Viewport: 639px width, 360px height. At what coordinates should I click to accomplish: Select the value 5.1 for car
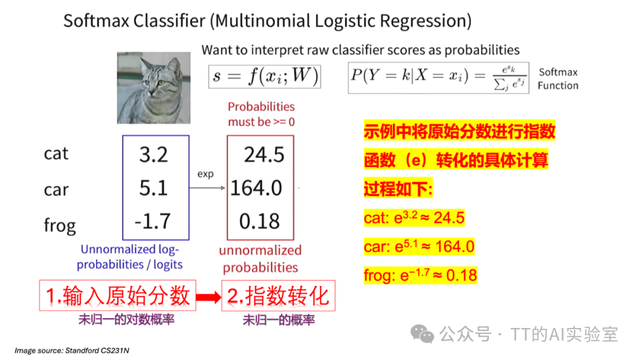pos(154,188)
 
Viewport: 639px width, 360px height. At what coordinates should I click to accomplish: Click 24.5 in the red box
pos(264,155)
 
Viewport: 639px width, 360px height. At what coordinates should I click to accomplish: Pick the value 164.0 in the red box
pos(256,188)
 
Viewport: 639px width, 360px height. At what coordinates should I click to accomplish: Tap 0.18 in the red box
pos(260,221)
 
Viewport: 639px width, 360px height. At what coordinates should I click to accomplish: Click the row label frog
pos(60,226)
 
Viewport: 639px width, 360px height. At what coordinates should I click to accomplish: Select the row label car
pos(56,189)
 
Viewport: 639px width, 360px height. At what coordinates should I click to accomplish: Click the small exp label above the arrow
pos(205,175)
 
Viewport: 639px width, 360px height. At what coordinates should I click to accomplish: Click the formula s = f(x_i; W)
pos(265,75)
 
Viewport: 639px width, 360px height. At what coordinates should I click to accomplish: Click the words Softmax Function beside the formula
pos(557,79)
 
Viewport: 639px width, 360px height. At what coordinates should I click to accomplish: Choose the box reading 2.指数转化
pos(278,295)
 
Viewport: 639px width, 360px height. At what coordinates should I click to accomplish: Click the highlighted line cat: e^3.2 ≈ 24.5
pos(414,218)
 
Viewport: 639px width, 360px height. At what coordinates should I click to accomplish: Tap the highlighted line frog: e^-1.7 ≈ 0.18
pos(420,275)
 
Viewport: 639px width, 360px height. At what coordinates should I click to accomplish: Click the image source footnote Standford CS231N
pos(72,351)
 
